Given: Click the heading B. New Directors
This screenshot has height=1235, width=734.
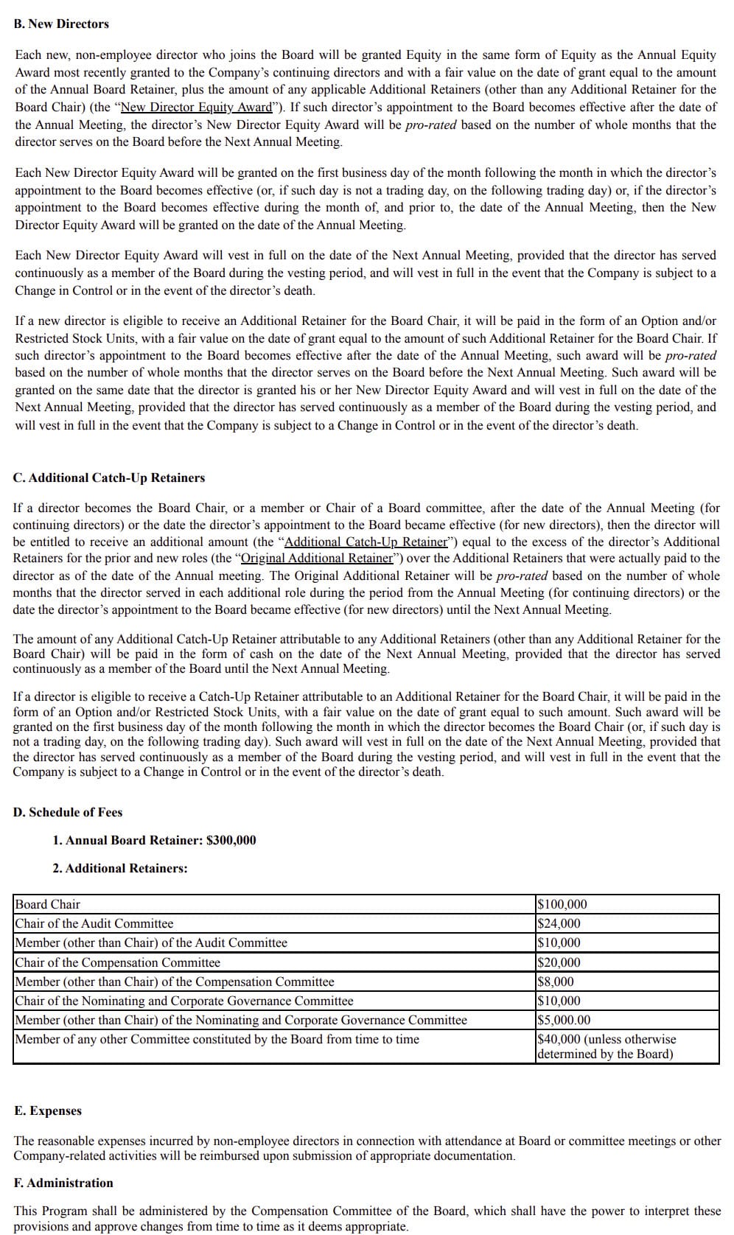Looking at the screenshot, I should (x=61, y=24).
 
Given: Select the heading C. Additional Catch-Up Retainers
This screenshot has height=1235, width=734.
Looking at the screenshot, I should (x=109, y=477).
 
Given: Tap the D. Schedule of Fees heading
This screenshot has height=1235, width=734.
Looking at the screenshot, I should (x=68, y=812).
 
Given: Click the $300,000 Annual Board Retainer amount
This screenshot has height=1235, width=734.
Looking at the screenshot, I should (x=231, y=840).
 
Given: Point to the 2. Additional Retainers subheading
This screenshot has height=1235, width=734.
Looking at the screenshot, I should (x=119, y=868).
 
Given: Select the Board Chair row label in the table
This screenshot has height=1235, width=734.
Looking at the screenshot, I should (x=48, y=904).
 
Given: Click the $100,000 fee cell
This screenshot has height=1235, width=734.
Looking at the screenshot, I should (x=562, y=904).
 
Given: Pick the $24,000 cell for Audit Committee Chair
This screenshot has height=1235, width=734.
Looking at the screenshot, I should (x=559, y=923).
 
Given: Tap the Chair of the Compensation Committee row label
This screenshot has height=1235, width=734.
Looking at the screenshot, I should (x=118, y=962).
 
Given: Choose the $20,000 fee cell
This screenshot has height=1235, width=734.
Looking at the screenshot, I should (x=559, y=962).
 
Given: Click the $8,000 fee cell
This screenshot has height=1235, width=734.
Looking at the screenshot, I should (x=556, y=982).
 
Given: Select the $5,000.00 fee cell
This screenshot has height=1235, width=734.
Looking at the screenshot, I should (x=564, y=1020).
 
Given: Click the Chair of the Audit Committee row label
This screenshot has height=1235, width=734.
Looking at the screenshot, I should (x=94, y=923).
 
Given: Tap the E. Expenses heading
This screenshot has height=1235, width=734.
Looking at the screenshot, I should (x=48, y=1110).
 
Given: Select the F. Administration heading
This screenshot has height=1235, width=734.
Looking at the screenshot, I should (x=64, y=1183).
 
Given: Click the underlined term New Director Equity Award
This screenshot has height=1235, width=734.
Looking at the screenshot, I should (x=196, y=107).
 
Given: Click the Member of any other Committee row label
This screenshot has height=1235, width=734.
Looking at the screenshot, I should (x=217, y=1039).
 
